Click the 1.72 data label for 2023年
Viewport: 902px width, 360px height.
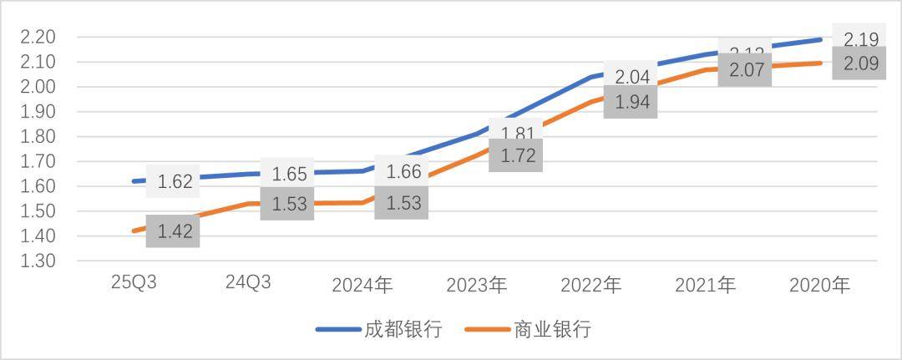coord(516,155)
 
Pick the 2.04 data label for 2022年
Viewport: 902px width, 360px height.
coord(631,78)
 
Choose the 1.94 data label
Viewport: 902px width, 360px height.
coord(631,102)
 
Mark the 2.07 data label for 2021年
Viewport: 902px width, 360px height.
coord(745,70)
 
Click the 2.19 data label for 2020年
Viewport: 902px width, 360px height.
coord(859,39)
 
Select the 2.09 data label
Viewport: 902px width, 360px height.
coord(859,63)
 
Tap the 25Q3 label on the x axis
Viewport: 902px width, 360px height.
coord(134,283)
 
